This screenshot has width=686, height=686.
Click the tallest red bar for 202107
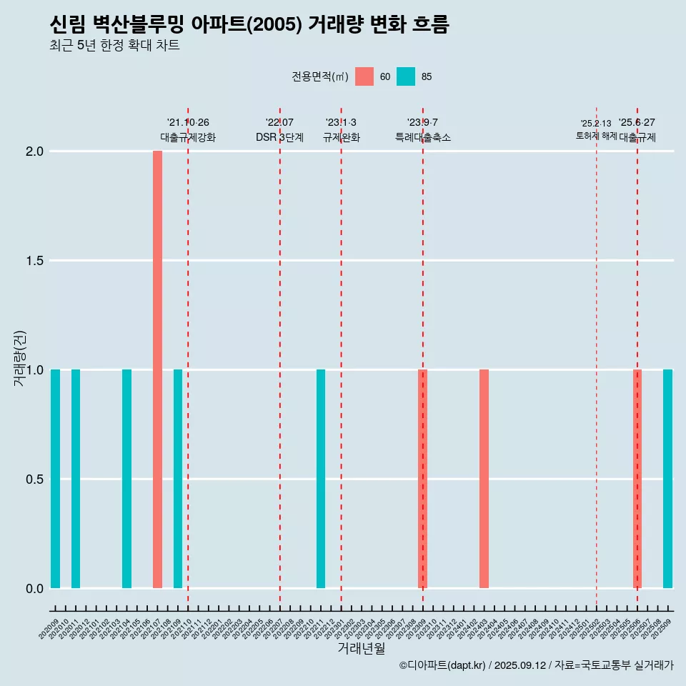tap(157, 369)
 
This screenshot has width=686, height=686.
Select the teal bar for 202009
tap(55, 479)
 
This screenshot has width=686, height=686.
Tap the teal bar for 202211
tap(321, 479)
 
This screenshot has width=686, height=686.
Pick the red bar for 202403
tap(484, 479)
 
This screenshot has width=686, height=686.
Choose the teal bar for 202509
tap(667, 479)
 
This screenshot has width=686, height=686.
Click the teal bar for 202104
tap(126, 479)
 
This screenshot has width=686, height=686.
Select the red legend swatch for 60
tap(364, 76)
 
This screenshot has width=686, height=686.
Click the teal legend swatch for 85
tap(406, 76)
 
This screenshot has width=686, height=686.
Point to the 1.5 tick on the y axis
tap(35, 261)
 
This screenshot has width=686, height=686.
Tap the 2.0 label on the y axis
tap(35, 151)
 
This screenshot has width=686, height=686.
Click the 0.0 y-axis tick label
tap(35, 589)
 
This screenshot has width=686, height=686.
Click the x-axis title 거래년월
tap(361, 648)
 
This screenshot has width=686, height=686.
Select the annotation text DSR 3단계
tap(279, 137)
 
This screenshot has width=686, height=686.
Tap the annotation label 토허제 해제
tap(596, 136)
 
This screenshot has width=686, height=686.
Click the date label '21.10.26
tap(187, 123)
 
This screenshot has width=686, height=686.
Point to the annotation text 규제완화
tap(341, 137)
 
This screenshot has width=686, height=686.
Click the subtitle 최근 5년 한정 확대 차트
tap(114, 46)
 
